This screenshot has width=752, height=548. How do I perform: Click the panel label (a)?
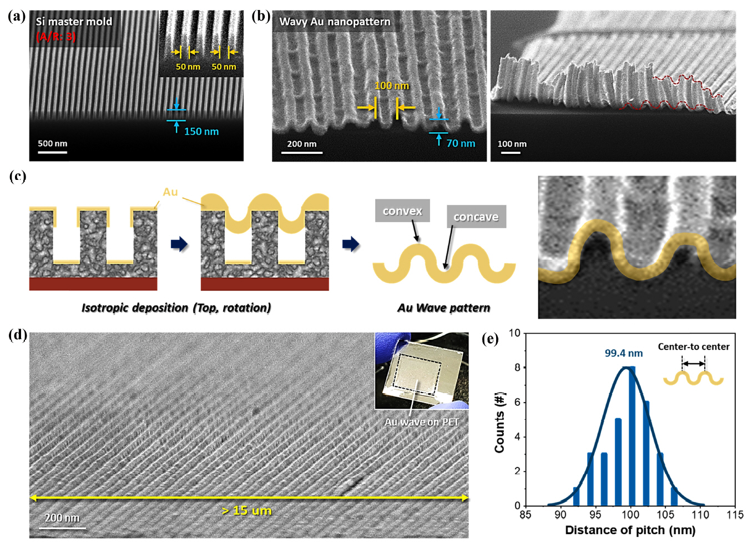point(17,16)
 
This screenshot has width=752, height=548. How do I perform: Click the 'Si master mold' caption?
point(74,22)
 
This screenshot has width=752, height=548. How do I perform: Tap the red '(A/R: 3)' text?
point(56,37)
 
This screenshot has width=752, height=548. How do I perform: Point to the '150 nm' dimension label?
point(201,132)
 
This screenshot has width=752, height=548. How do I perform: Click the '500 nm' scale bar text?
point(52,143)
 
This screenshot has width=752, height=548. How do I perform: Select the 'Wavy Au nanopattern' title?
point(335,22)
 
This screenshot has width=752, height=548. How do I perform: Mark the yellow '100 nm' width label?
point(391,86)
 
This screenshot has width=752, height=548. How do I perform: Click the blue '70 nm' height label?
point(461,143)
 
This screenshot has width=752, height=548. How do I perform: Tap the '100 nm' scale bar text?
point(512,144)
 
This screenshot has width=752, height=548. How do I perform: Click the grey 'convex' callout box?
point(402,211)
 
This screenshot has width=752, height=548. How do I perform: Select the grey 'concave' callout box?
point(476,217)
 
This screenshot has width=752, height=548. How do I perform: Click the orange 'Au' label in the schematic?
point(170,192)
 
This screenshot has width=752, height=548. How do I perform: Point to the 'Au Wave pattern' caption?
point(443,308)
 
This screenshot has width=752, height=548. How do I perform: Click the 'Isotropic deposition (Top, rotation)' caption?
point(176,308)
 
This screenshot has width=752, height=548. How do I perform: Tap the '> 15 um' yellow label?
point(246,510)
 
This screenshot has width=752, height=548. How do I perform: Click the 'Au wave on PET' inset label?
point(422,422)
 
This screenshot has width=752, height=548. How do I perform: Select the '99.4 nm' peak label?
point(623,353)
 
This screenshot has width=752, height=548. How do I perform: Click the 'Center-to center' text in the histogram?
point(693,346)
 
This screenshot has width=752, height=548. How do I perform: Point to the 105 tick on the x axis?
point(665,515)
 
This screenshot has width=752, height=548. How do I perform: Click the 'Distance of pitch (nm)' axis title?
point(630,530)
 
